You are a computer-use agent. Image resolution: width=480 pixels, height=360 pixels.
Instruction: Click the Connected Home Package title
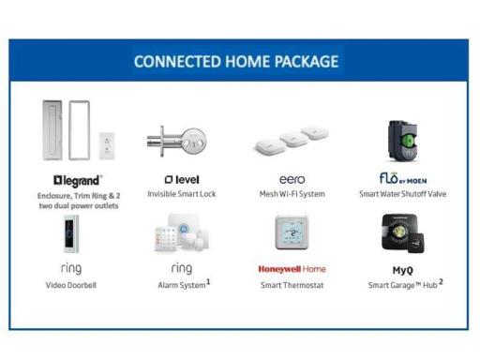(235, 62)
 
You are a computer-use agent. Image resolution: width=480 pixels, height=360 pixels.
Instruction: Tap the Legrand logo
(77, 178)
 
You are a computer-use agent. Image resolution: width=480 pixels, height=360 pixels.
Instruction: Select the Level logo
(181, 179)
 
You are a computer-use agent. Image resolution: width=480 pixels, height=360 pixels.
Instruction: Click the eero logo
(292, 178)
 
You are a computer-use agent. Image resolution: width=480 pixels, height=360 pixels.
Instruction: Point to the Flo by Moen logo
(404, 177)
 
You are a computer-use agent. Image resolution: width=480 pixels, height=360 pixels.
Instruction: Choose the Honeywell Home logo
(292, 269)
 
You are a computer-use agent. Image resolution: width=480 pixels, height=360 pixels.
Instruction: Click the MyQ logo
(403, 270)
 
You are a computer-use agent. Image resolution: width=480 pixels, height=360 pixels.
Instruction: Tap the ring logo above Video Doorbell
(71, 268)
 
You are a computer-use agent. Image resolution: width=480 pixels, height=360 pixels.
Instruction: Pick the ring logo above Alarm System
(181, 268)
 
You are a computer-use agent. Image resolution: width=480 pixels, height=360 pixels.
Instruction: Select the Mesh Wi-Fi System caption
(292, 194)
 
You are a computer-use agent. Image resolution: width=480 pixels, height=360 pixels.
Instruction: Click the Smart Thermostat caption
(292, 285)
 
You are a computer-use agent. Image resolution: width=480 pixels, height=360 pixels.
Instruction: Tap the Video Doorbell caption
(71, 285)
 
